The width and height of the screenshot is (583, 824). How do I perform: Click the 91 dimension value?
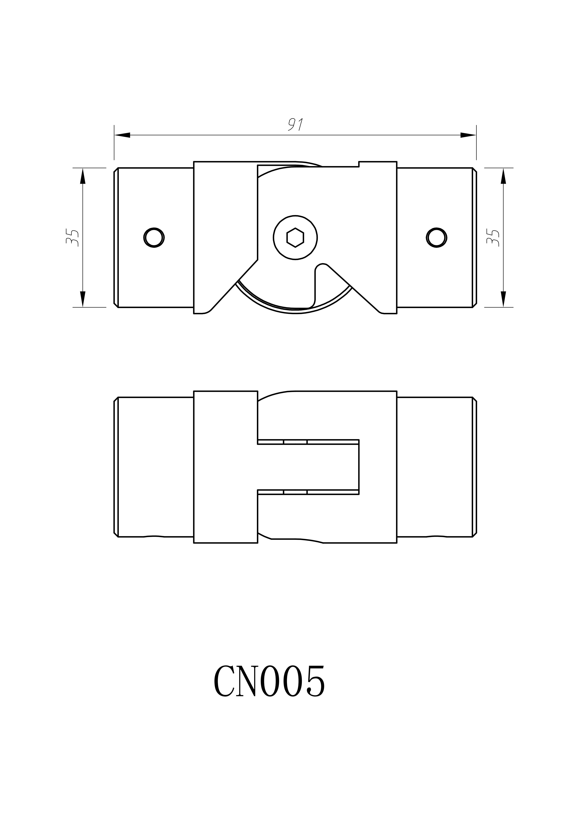[x=296, y=124]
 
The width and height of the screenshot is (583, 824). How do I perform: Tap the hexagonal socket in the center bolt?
[x=295, y=238]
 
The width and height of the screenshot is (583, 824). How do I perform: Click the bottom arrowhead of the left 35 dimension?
[x=83, y=299]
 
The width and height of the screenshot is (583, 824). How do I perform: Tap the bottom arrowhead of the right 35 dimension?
[x=503, y=299]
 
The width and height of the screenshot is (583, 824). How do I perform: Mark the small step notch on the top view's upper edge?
[x=359, y=164]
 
